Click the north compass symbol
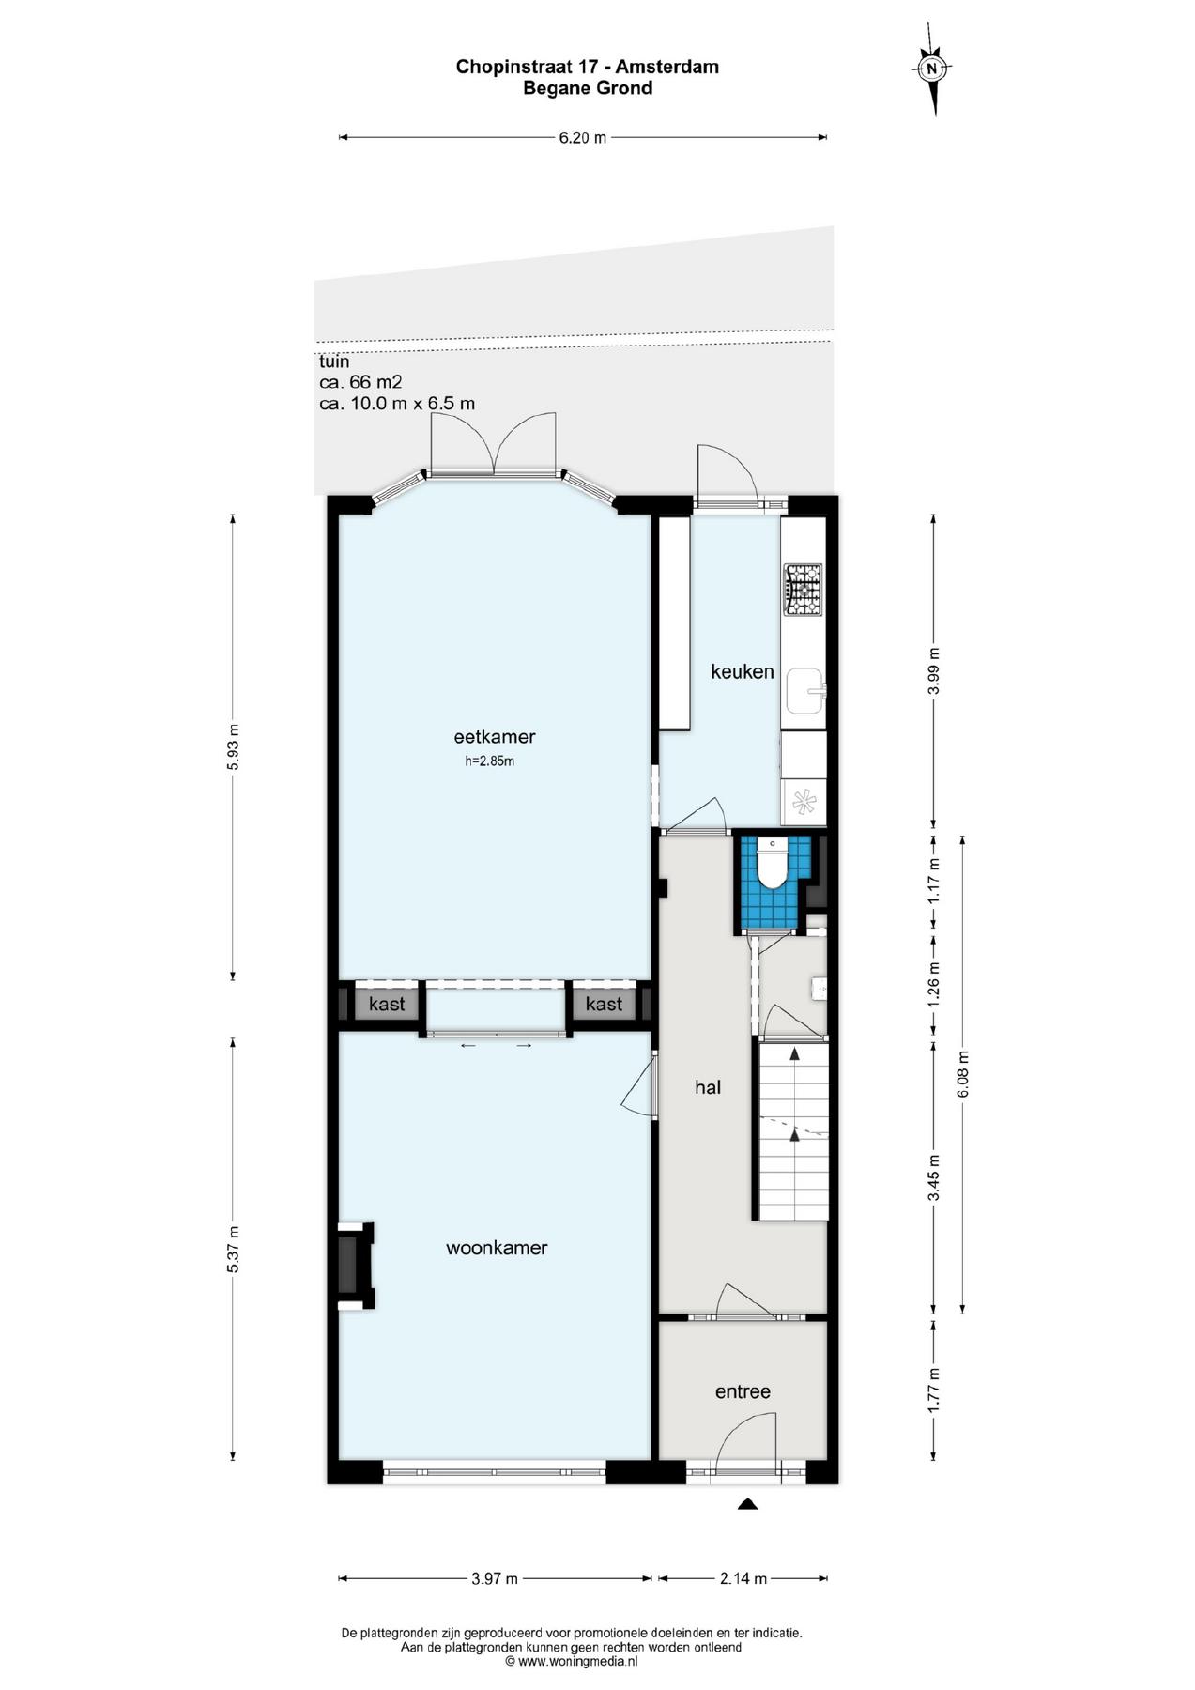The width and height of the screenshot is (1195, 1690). point(932,69)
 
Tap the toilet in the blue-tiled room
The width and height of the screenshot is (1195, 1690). point(773,863)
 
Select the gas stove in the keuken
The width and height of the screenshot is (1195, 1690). point(803,590)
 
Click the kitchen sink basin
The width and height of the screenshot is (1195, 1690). point(804,691)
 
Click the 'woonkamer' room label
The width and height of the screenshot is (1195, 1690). point(497,1248)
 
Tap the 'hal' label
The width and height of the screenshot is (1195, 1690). point(708,1087)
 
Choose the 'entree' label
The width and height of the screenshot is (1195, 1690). point(743,1391)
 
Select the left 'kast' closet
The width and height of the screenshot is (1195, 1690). point(387,1004)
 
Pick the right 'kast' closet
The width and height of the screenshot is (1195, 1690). point(604,1004)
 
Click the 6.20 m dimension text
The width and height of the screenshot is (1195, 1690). point(583,138)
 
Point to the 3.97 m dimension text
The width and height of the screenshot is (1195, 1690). point(495,1579)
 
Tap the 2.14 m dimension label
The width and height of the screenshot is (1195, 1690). point(743,1579)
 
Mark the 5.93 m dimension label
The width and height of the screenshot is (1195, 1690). point(234,746)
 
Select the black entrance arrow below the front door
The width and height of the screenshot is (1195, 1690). point(747,1503)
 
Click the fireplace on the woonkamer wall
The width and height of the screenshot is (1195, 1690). point(356,1266)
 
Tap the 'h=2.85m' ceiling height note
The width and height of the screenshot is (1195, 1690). point(490,761)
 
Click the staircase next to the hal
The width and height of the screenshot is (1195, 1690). point(793,1130)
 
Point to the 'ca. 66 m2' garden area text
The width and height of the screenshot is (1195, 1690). point(360,382)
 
